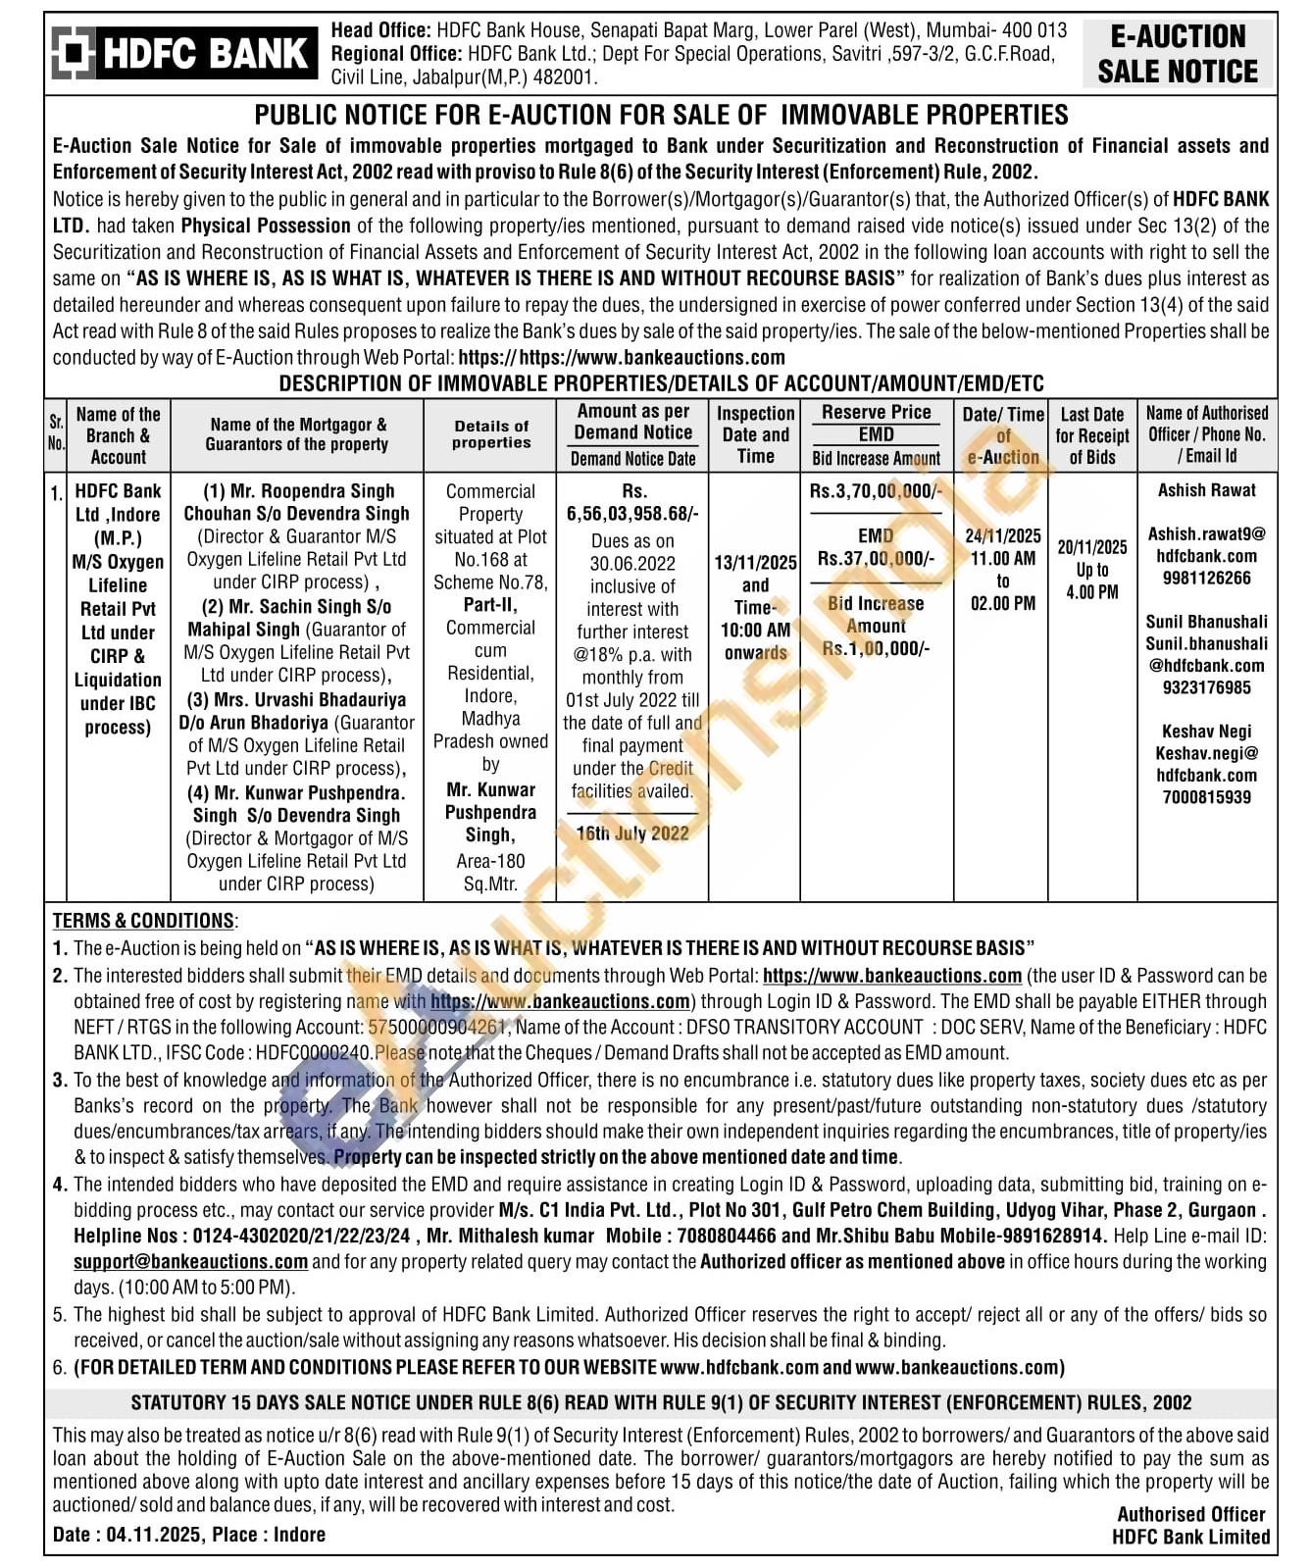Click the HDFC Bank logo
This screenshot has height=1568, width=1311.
184,53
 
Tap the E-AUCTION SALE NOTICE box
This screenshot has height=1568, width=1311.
1178,54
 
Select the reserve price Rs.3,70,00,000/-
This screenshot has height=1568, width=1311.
876,490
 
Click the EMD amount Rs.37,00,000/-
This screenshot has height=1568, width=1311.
876,558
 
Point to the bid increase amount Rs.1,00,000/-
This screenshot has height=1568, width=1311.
876,648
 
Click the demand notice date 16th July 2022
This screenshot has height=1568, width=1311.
632,834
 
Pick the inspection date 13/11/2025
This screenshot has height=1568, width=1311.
755,563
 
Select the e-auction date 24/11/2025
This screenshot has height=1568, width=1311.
1002,535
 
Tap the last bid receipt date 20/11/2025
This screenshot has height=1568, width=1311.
1092,547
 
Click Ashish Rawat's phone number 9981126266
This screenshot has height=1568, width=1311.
1206,578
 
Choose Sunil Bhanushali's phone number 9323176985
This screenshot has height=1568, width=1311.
1206,687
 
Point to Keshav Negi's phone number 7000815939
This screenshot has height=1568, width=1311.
1206,797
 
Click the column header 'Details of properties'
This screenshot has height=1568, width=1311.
491,434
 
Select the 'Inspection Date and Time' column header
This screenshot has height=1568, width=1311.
755,434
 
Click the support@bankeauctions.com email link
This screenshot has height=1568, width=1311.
190,1261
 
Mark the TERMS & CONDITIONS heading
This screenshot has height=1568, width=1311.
143,921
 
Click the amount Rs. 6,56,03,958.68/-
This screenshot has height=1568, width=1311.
633,514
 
